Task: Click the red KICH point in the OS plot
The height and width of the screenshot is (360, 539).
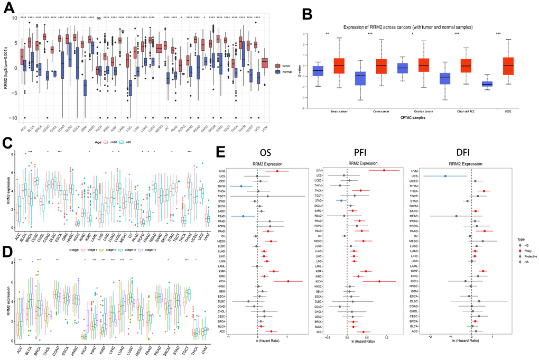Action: tap(288, 281)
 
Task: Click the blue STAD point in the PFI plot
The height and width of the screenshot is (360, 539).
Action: tap(341, 201)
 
